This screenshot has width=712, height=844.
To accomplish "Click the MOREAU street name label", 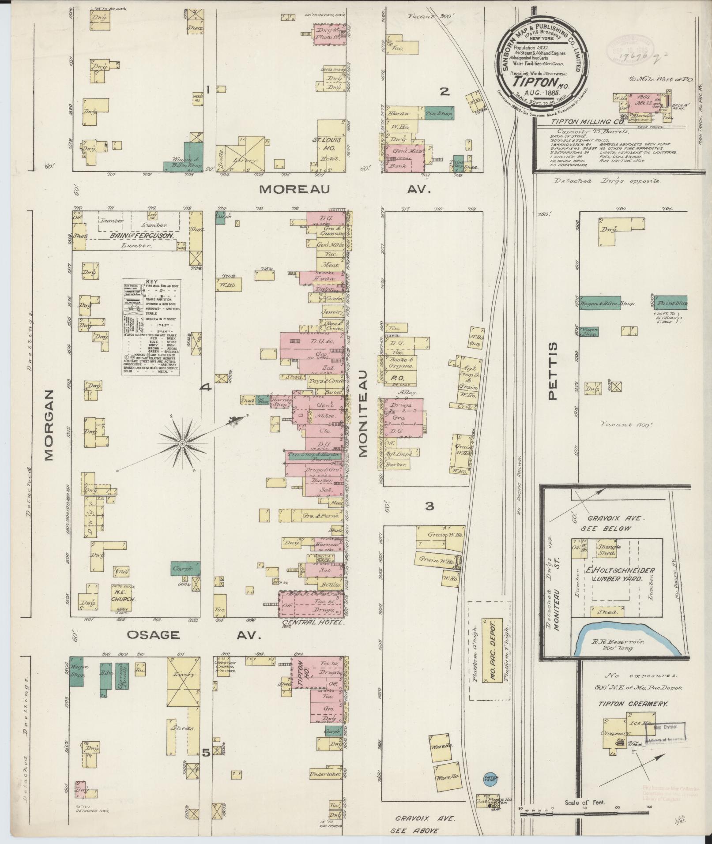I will point(294,190).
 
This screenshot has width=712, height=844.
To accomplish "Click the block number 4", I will point(206,388).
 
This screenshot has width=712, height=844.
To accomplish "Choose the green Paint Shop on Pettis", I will point(672,303).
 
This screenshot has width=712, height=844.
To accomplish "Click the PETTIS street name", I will point(554,371).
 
